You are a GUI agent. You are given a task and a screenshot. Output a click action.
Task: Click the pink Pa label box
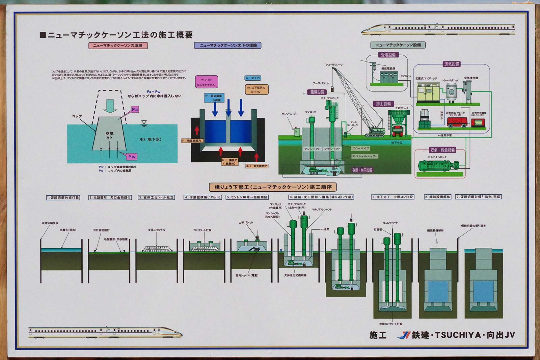(x=135, y=109)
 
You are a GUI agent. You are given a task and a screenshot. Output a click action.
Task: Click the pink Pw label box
(x=132, y=157)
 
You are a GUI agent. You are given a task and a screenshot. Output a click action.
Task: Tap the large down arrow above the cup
(x=110, y=106)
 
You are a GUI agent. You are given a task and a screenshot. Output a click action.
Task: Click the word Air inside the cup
(x=109, y=138)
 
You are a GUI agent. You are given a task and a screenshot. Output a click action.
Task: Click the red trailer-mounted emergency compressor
(x=458, y=122)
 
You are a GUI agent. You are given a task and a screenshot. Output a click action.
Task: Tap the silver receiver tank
(x=451, y=92)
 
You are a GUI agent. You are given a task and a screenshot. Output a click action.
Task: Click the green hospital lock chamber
(x=438, y=165)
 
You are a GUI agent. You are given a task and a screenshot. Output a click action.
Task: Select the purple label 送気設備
(x=451, y=64)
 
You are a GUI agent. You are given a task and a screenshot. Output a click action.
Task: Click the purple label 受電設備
(x=388, y=55)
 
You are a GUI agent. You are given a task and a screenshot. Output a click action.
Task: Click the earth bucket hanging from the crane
(x=332, y=89)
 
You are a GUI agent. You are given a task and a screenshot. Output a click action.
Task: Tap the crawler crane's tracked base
(x=375, y=135)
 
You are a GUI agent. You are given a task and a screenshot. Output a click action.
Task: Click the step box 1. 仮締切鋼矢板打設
(x=63, y=197)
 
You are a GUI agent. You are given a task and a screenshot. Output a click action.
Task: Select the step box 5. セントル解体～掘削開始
(x=247, y=197)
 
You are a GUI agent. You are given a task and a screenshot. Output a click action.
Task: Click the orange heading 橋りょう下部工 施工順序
(x=273, y=187)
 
